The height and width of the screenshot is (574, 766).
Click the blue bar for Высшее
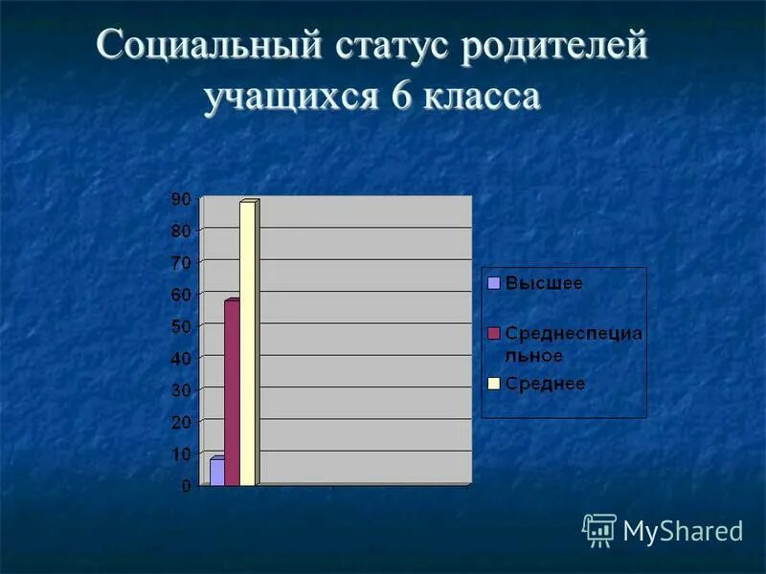click(217, 473)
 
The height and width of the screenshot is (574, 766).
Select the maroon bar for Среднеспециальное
click(232, 393)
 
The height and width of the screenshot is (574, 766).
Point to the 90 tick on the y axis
click(182, 198)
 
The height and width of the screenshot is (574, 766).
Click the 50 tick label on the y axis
click(182, 326)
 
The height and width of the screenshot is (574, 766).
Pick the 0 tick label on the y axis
click(186, 486)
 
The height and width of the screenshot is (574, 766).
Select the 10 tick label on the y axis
click(182, 453)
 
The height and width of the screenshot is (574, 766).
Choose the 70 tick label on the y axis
click(182, 262)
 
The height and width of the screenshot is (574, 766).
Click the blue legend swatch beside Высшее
click(494, 282)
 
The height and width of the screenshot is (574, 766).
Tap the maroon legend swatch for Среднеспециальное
click(494, 333)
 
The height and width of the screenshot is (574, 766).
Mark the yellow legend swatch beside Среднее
click(494, 384)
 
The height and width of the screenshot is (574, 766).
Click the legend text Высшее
click(544, 282)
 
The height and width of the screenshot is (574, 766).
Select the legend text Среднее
click(545, 384)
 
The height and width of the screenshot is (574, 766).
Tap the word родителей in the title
click(556, 49)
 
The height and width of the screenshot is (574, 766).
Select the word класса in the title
click(481, 98)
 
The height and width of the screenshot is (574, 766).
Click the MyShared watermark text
click(683, 530)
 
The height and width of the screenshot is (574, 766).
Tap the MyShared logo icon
click(599, 529)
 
